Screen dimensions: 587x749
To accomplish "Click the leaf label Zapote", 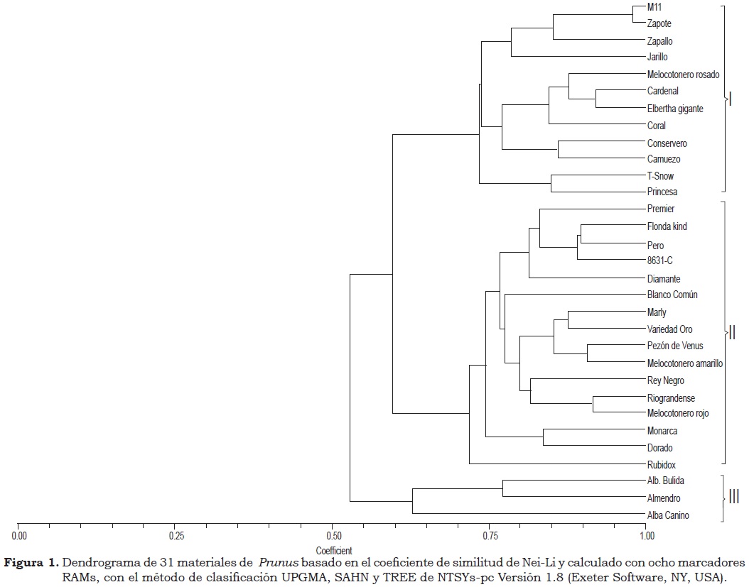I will click(x=659, y=23).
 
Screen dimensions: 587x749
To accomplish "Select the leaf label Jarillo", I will click(x=657, y=57).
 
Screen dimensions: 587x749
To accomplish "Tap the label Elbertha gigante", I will click(x=675, y=109).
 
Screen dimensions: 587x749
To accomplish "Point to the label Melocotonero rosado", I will click(x=683, y=75).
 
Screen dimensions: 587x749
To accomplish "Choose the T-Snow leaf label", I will click(x=660, y=176).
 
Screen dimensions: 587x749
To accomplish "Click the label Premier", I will click(x=661, y=209).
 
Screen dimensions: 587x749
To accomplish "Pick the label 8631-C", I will click(x=660, y=260).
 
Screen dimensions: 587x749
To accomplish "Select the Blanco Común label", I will click(x=672, y=295).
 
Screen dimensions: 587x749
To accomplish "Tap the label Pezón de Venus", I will click(x=675, y=346).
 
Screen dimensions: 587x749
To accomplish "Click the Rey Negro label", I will click(x=666, y=381).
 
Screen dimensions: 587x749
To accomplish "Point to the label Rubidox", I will click(x=661, y=465).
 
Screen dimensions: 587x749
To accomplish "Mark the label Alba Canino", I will click(x=668, y=515).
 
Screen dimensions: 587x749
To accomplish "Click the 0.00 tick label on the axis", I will click(x=19, y=534).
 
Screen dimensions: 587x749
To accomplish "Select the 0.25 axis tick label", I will click(x=176, y=534).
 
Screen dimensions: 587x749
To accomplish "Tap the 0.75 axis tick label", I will click(x=489, y=534).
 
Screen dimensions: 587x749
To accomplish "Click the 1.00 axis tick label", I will click(x=645, y=534).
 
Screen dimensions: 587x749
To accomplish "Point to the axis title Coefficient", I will click(x=333, y=550).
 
